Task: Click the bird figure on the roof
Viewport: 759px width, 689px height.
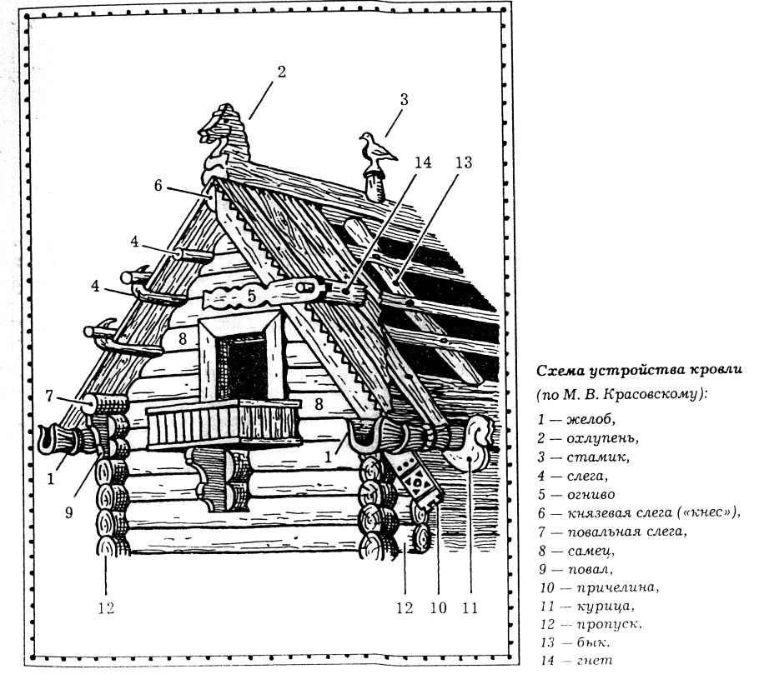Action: coord(377,150)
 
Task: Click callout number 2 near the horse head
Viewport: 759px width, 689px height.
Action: coord(281,72)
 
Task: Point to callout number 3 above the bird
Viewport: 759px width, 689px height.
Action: coord(404,100)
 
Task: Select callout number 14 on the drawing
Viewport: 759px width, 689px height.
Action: coord(423,162)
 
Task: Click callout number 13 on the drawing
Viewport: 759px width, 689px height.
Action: coord(463,162)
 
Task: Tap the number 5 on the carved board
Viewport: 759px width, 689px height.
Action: coord(251,296)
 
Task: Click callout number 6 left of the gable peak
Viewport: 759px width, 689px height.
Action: coord(158,185)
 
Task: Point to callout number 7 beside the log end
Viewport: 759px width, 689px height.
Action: coord(49,396)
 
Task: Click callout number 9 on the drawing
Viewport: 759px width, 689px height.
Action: coord(68,512)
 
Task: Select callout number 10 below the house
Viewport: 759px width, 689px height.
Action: coord(439,608)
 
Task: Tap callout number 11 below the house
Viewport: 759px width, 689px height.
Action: coord(470,608)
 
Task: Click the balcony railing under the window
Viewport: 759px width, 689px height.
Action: coord(225,424)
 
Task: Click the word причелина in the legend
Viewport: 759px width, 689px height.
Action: coord(618,588)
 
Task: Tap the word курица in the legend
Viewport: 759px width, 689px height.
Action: coord(606,607)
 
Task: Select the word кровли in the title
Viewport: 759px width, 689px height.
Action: coord(719,371)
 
